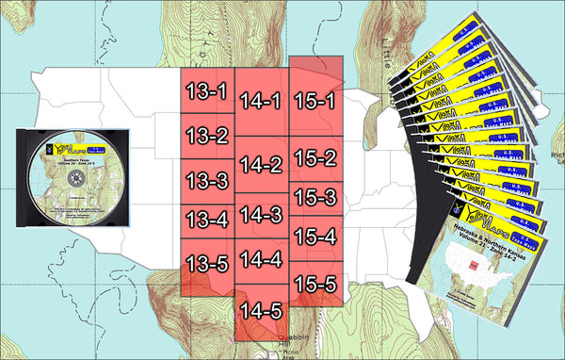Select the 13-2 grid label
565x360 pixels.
(x=206, y=136)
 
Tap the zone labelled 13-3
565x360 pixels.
(x=206, y=179)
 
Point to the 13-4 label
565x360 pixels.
(x=206, y=221)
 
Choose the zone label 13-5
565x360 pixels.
(x=206, y=263)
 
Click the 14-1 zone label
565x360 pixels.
(x=261, y=101)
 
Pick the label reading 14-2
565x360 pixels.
(x=261, y=165)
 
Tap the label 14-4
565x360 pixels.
(x=261, y=258)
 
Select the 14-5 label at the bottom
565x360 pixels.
(x=261, y=309)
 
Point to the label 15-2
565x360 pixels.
(x=315, y=158)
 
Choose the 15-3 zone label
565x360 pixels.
(x=315, y=198)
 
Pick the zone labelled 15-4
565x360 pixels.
(x=315, y=238)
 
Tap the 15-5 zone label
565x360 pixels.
(x=315, y=282)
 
